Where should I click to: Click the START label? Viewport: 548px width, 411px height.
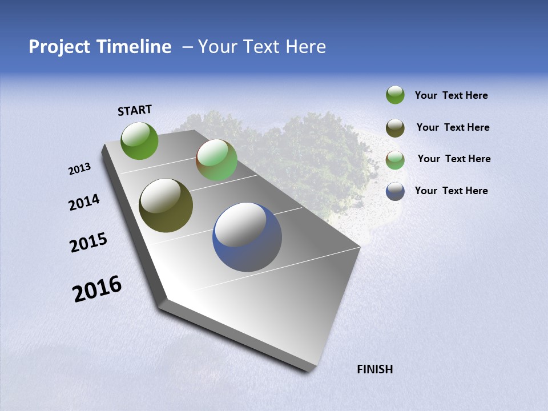click(x=135, y=110)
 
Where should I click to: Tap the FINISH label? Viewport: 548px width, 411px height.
click(x=374, y=369)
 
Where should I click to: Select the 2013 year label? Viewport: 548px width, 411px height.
click(x=79, y=169)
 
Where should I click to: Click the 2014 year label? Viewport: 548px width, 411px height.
click(x=84, y=203)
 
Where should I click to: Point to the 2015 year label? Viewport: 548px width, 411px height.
click(x=88, y=243)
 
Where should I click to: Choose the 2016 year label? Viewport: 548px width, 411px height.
click(x=97, y=289)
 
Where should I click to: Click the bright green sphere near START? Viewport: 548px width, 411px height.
click(x=140, y=141)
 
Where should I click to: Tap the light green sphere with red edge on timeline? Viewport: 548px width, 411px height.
click(x=217, y=160)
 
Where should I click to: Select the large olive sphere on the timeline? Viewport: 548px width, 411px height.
click(x=166, y=205)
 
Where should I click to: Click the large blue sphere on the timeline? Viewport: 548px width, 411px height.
click(x=247, y=237)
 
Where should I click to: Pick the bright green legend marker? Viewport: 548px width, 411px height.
click(x=395, y=95)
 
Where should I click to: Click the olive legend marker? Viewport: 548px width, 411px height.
click(x=395, y=128)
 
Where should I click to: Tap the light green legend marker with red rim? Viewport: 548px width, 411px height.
click(x=395, y=160)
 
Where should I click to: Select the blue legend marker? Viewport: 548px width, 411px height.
click(x=395, y=191)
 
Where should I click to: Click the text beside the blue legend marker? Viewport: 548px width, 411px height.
click(x=451, y=191)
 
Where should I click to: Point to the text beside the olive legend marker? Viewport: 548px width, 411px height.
click(x=453, y=127)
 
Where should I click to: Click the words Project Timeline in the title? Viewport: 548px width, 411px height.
click(x=100, y=47)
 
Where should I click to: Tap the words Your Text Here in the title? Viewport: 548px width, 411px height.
click(x=262, y=47)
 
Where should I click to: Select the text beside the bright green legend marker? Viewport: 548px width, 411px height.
click(x=451, y=95)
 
